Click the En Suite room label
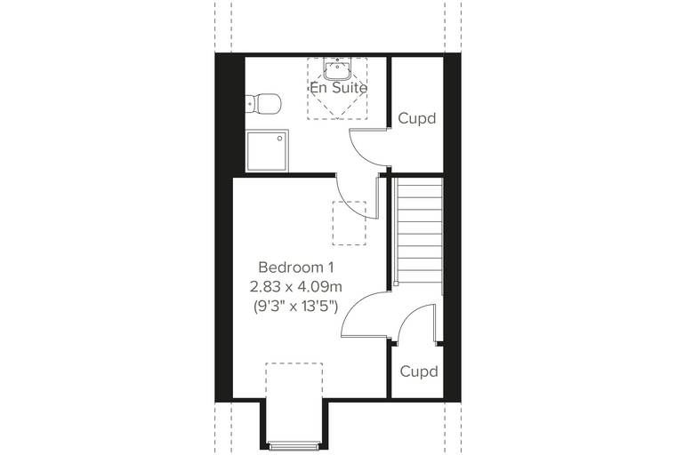click(338, 88)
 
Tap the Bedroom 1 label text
click(296, 267)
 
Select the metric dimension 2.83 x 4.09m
click(296, 286)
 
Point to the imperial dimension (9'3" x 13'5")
click(295, 307)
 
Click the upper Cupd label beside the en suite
click(417, 118)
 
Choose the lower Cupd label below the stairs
click(419, 371)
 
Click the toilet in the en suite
click(263, 103)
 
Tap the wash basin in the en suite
click(337, 69)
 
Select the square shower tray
click(268, 151)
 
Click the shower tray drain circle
click(280, 139)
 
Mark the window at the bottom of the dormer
click(295, 445)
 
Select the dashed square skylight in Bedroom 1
click(350, 223)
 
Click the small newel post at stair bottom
click(395, 283)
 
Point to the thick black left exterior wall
click(224, 227)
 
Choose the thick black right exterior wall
click(453, 227)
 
